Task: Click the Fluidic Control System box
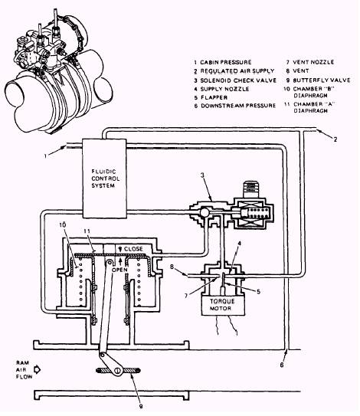tap(104, 179)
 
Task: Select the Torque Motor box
tap(223, 305)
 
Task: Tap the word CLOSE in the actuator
tap(133, 249)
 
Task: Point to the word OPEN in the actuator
tap(119, 270)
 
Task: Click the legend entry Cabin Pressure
tap(223, 62)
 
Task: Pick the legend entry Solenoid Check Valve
tap(235, 80)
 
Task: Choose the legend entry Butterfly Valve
tap(319, 80)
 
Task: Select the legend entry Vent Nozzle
tap(310, 62)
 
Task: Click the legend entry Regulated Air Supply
tap(234, 71)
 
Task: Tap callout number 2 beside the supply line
tap(335, 139)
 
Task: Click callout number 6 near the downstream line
tap(282, 365)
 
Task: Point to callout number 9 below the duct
tap(141, 406)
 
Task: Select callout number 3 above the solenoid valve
tap(202, 175)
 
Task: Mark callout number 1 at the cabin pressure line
tap(45, 156)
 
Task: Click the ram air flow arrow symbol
tap(37, 369)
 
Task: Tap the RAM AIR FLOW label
tap(24, 369)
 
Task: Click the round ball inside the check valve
tap(205, 212)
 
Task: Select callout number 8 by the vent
tap(172, 267)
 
